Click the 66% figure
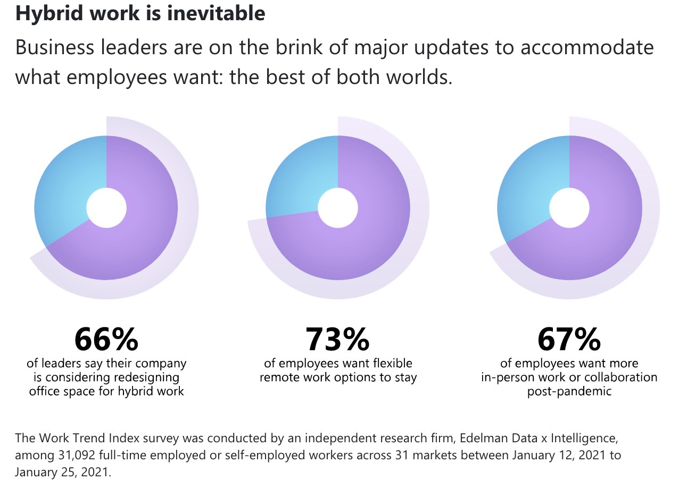(106, 339)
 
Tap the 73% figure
(337, 339)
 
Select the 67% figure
(569, 339)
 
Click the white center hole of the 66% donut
(106, 207)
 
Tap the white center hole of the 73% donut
(337, 207)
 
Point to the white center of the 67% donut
(569, 207)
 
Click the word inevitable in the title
(216, 13)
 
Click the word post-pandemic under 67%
(569, 392)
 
